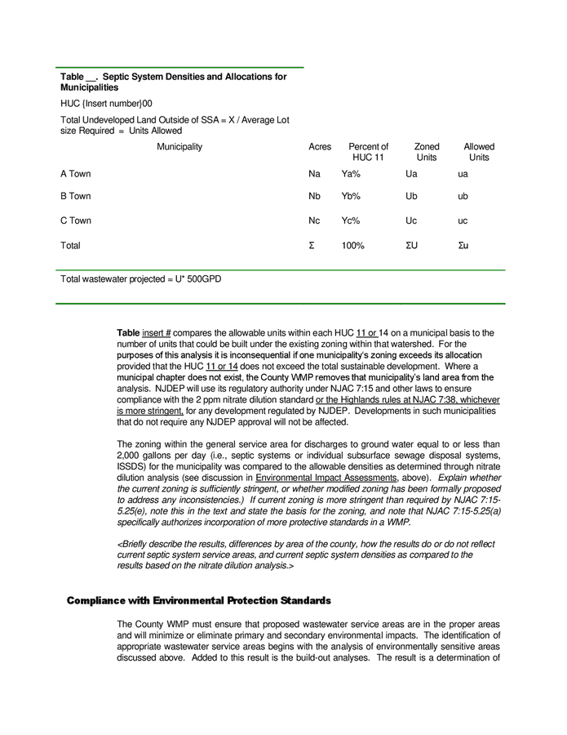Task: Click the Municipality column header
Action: (x=179, y=147)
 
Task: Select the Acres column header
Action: (x=320, y=147)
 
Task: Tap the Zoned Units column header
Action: (x=426, y=152)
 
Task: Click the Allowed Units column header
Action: (x=479, y=152)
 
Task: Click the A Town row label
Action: (x=76, y=174)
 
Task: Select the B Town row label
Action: (x=76, y=197)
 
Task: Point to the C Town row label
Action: (x=76, y=221)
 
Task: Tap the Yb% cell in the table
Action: (x=351, y=197)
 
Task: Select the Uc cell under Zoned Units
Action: (x=411, y=221)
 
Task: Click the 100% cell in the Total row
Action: (x=352, y=246)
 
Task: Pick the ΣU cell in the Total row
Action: (x=412, y=246)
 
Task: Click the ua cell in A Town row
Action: (x=463, y=174)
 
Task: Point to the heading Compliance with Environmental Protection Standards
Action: (x=198, y=600)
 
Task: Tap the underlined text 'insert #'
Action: (x=156, y=333)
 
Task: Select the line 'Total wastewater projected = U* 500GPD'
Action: (x=140, y=279)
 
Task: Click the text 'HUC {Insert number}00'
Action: (x=106, y=104)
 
